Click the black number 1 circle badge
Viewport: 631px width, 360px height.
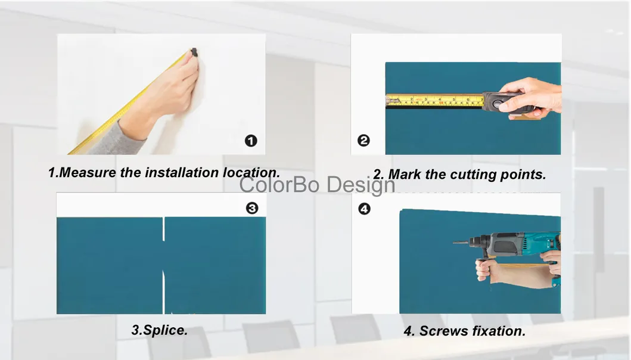[x=251, y=141]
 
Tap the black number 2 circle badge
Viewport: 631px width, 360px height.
[x=363, y=141]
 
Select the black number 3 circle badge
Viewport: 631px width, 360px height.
[x=251, y=208]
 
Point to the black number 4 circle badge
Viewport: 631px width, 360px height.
[x=364, y=209]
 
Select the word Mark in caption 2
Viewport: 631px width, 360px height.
[x=405, y=175]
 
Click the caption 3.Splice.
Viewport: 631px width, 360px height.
[x=159, y=330]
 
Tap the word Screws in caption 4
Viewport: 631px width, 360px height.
[x=443, y=331]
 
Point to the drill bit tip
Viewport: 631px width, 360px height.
[x=454, y=243]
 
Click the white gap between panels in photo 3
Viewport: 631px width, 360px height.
[x=164, y=262]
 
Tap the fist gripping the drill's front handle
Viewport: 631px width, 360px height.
[x=483, y=269]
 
